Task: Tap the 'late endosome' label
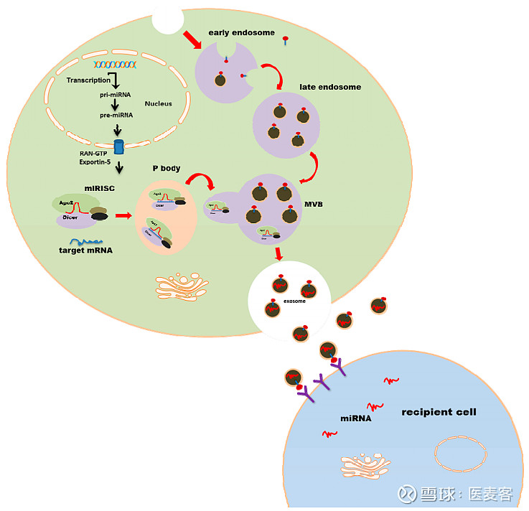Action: (329, 87)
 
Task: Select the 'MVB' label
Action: (313, 204)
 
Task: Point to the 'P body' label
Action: (165, 168)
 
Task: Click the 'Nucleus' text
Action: (158, 103)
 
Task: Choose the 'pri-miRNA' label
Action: (115, 94)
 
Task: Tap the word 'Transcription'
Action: (88, 80)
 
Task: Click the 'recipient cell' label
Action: (439, 412)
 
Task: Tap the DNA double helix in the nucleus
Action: (109, 65)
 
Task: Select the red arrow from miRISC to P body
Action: (123, 215)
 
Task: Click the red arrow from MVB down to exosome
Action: (279, 253)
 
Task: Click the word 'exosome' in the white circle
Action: (294, 301)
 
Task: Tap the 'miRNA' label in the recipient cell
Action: (355, 417)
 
